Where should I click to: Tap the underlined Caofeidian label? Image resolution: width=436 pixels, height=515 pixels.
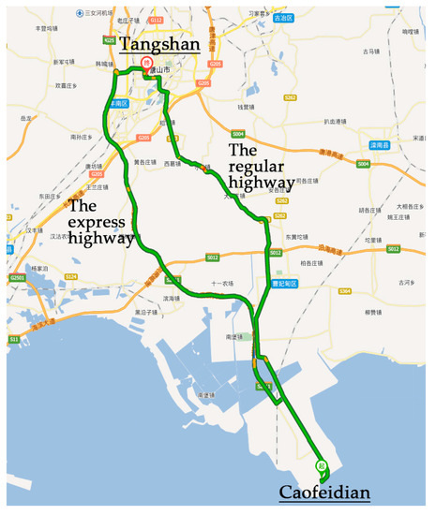pos(324,493)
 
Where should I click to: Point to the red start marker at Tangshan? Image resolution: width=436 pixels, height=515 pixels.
pos(146,64)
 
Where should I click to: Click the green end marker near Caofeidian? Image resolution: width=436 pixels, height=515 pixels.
pos(320,464)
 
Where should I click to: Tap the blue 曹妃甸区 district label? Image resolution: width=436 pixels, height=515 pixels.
pos(282,283)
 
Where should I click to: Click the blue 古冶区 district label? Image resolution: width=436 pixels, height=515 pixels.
pos(283,18)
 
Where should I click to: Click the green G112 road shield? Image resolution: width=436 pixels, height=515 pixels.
pos(157,20)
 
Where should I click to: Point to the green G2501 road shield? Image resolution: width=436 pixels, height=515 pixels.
pos(17,277)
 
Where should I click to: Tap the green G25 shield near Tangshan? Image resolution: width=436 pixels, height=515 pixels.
pos(110,40)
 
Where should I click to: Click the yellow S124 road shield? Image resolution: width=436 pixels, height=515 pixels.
pos(71,276)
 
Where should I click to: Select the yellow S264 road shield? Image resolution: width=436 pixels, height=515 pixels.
pos(344,291)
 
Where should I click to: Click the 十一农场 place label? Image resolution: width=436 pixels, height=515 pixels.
pos(221,283)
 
